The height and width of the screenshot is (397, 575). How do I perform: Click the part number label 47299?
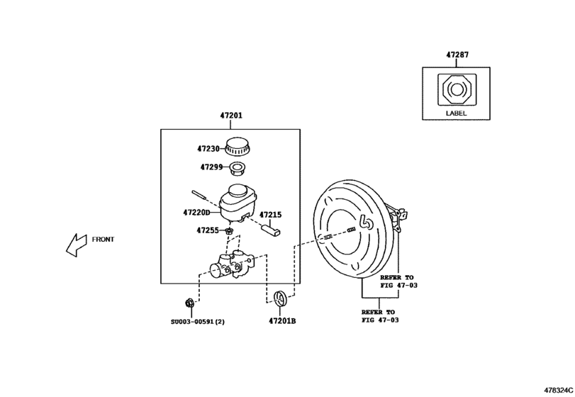pyautogui.click(x=211, y=168)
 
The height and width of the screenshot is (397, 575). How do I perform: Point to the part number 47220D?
pyautogui.click(x=196, y=212)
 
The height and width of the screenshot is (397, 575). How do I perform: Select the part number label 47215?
pyautogui.click(x=270, y=214)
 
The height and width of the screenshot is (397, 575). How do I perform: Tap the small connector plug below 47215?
pyautogui.click(x=271, y=229)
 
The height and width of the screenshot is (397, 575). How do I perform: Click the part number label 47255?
pyautogui.click(x=208, y=230)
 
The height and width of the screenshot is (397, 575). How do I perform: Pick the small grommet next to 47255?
pyautogui.click(x=230, y=231)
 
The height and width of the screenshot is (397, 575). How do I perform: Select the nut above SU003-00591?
pyautogui.click(x=189, y=304)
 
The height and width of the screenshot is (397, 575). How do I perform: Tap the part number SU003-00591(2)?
pyautogui.click(x=197, y=321)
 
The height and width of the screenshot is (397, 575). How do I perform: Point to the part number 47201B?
pyautogui.click(x=281, y=321)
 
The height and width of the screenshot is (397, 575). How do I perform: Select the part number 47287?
pyautogui.click(x=457, y=55)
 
